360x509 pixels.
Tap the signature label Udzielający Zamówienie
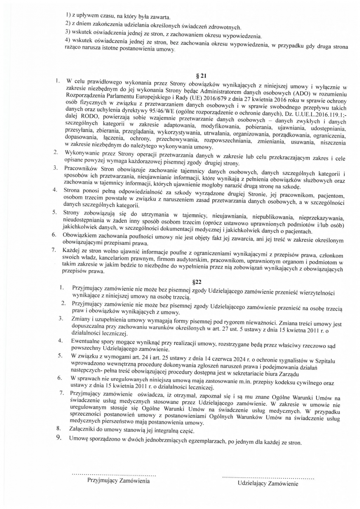[268, 483]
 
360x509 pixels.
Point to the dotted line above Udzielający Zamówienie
[268, 477]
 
